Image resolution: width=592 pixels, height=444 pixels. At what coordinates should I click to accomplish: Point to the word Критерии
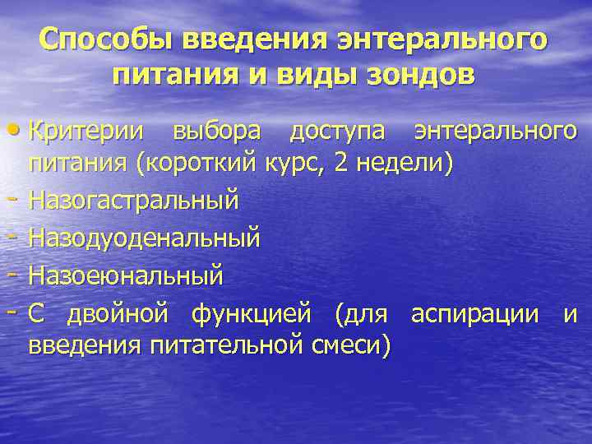[x=89, y=130]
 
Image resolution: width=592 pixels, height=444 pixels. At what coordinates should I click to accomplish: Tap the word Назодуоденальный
[x=145, y=238]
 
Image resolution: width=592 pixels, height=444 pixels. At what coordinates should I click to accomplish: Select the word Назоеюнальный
[x=126, y=275]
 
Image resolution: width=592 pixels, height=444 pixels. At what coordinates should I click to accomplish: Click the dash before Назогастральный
[x=18, y=200]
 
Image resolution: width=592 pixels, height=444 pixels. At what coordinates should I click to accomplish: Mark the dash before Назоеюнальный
[x=18, y=274]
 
